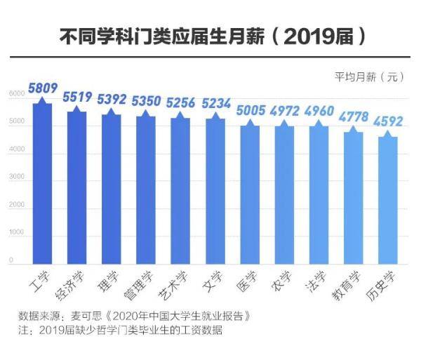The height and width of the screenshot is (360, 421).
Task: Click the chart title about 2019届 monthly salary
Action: pyautogui.click(x=210, y=36)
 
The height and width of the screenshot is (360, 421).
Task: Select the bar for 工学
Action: pyautogui.click(x=41, y=182)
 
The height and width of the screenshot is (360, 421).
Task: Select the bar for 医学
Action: pyautogui.click(x=248, y=193)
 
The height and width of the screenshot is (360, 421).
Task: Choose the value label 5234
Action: pyautogui.click(x=215, y=104)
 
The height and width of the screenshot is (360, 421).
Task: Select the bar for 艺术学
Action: pyautogui.click(x=180, y=189)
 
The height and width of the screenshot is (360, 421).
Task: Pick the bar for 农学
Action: pyautogui.click(x=283, y=193)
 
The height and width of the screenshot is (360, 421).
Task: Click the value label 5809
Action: pyautogui.click(x=42, y=88)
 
